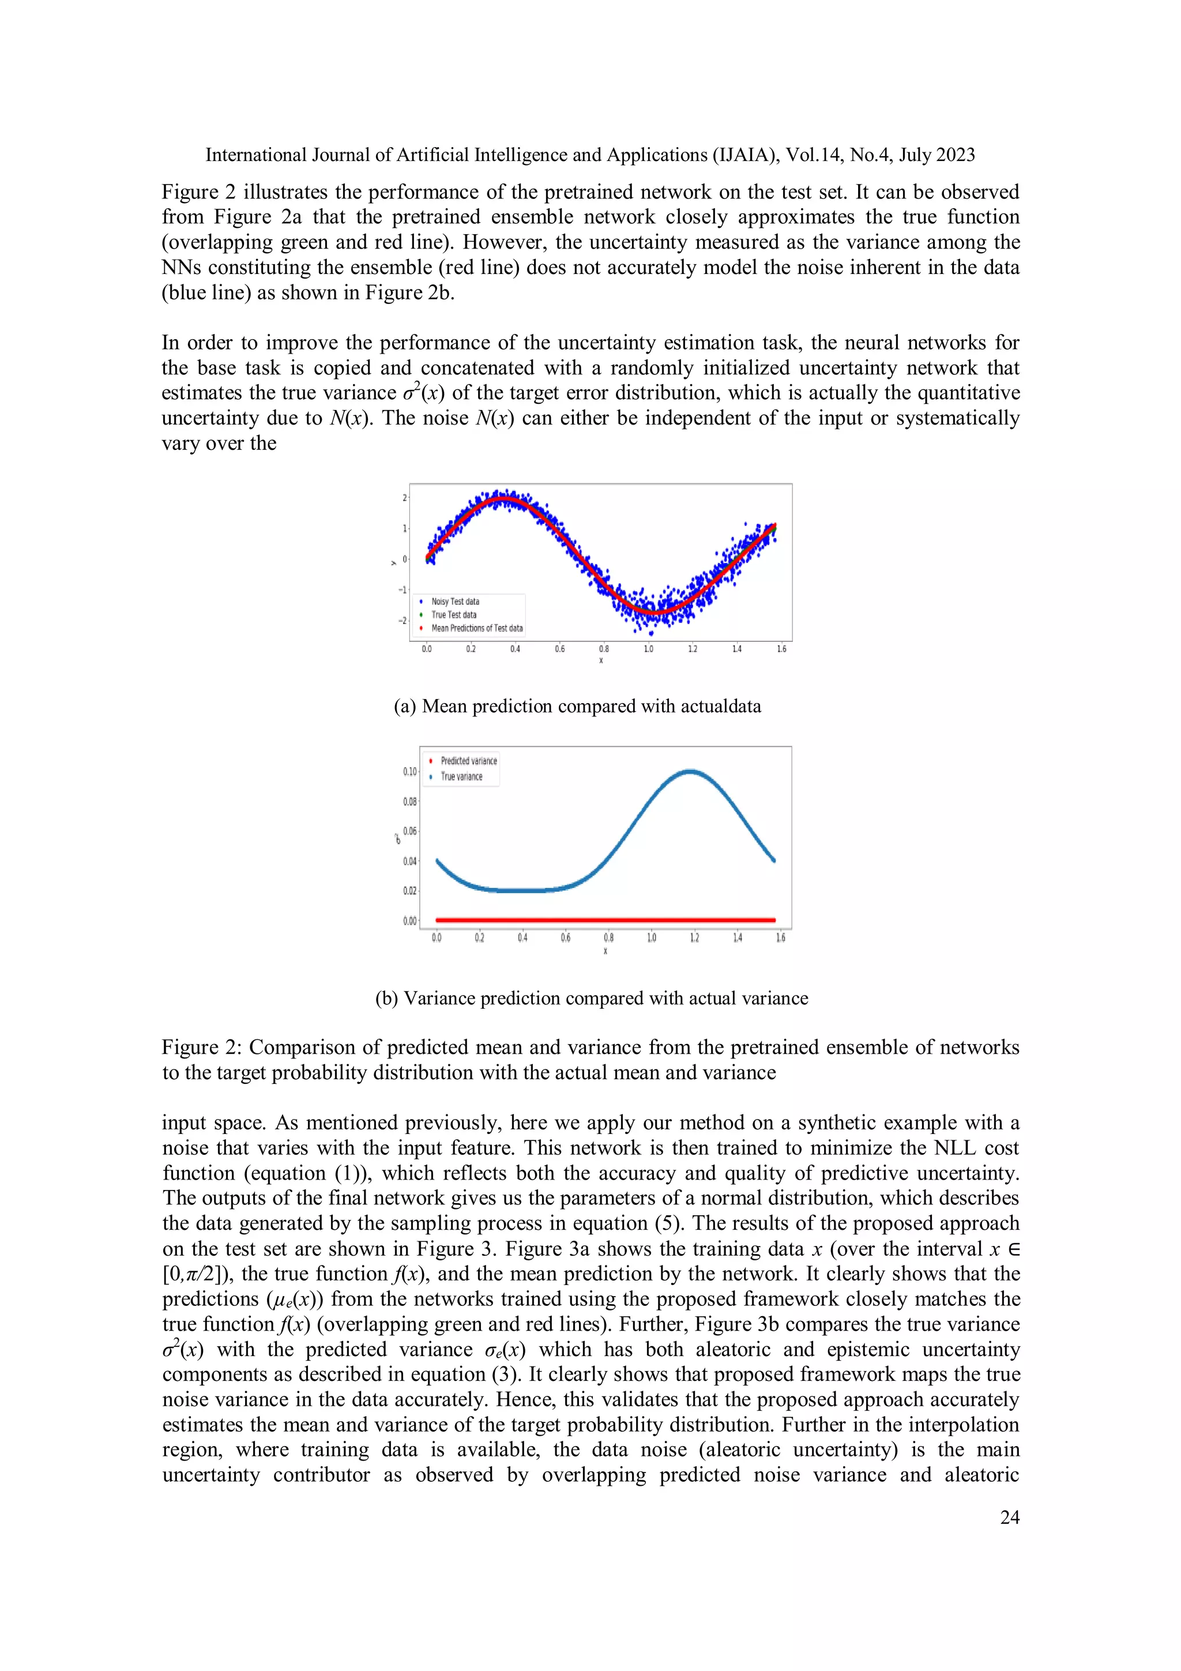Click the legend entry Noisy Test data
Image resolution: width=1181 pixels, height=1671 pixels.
coord(455,601)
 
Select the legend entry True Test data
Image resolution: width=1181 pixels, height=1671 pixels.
coord(453,614)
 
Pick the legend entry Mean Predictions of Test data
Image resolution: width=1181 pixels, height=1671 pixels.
coord(477,628)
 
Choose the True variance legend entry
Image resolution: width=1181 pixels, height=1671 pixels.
coord(461,776)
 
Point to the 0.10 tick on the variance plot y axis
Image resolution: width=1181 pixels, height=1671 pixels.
coord(409,771)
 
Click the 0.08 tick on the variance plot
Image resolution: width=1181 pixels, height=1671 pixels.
coord(409,801)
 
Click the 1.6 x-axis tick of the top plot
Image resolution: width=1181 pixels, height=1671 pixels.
coord(781,648)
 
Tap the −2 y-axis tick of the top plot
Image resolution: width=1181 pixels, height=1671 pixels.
coord(402,621)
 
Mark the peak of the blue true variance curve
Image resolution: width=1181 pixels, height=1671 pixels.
coord(689,771)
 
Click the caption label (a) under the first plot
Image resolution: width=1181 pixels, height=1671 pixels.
coord(405,707)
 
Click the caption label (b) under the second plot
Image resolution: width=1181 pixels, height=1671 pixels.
coord(386,998)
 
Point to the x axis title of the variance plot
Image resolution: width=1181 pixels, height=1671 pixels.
coord(605,951)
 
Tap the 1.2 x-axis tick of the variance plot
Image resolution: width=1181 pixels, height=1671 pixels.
coord(694,937)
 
